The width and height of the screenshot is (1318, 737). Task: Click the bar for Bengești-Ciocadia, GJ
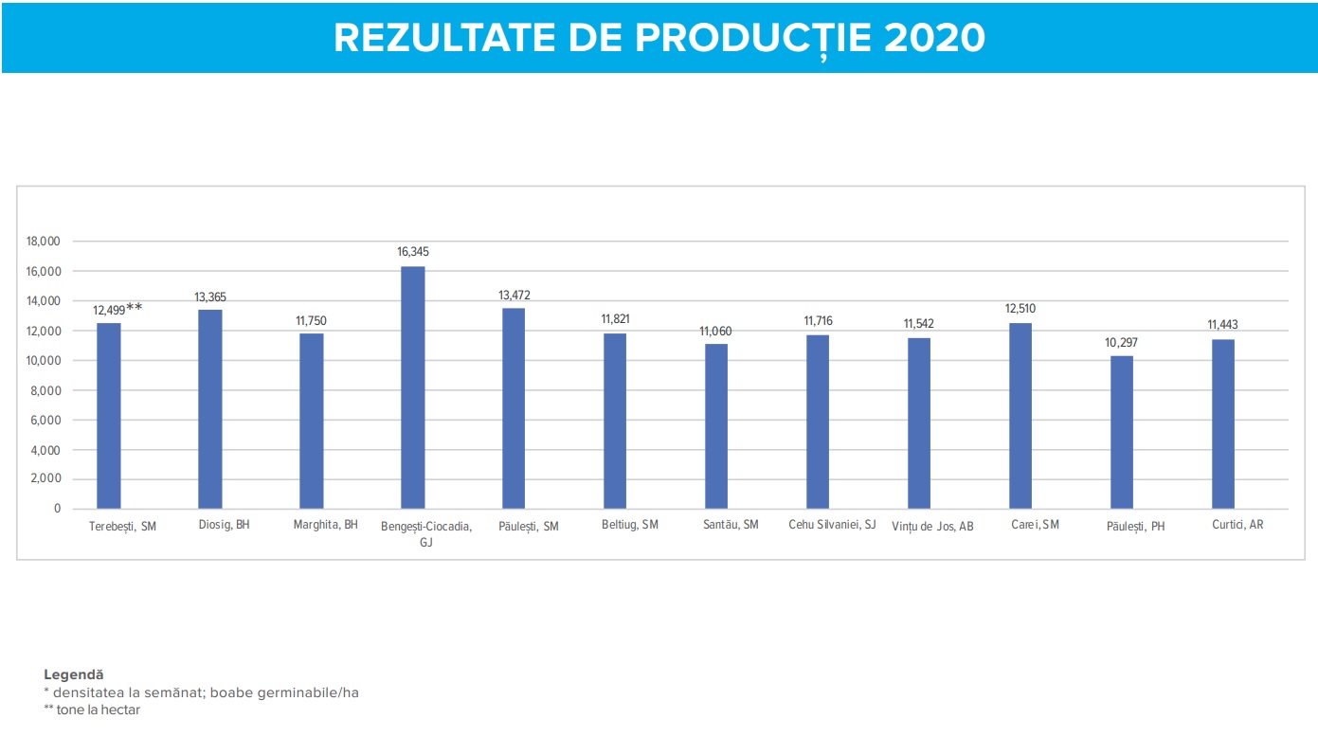point(412,387)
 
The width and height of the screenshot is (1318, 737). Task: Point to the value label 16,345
point(413,252)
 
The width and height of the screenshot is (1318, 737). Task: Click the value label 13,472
point(515,295)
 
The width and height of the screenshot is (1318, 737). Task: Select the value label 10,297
point(1122,342)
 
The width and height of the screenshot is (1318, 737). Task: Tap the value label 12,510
point(1020,309)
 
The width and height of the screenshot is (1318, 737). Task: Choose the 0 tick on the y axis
point(57,509)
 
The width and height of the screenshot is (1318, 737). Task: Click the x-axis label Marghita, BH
point(326,525)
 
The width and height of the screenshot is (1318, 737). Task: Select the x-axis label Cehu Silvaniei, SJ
point(832,525)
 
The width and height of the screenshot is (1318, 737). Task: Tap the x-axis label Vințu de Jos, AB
point(932,527)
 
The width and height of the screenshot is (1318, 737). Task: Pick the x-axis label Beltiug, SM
point(630,525)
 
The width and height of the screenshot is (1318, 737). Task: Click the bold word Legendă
point(73,674)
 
